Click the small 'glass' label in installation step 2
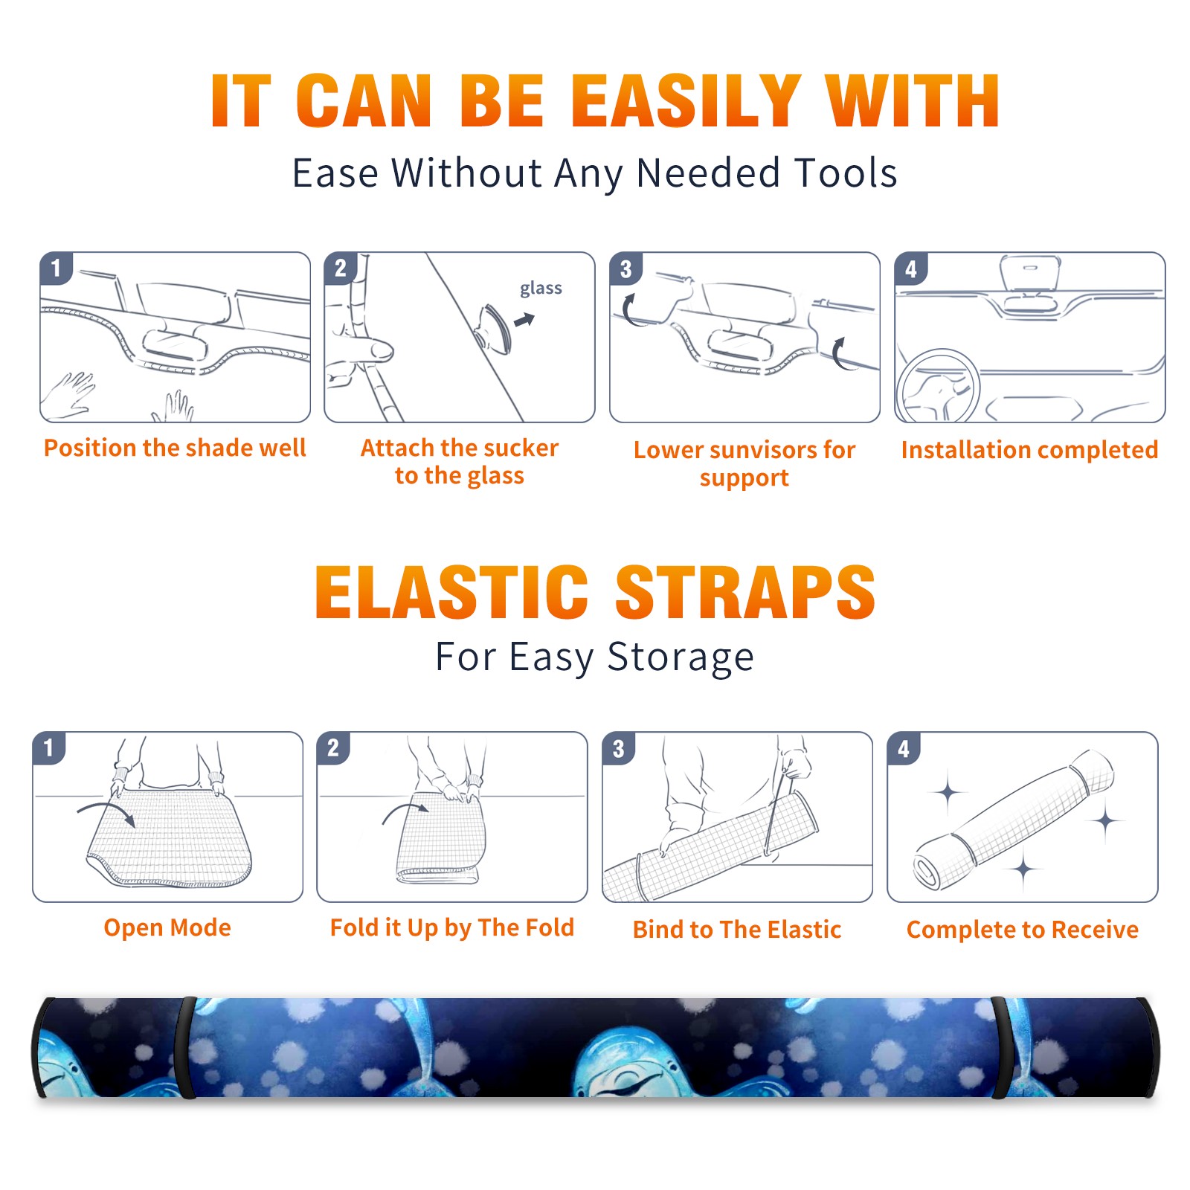[541, 289]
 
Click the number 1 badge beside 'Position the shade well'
[56, 268]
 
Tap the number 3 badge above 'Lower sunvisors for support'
[625, 268]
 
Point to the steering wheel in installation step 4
[937, 386]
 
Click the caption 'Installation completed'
[1029, 449]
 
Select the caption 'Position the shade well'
[175, 448]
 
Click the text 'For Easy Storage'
[594, 657]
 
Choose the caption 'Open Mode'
[167, 927]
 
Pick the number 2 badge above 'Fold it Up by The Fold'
[332, 747]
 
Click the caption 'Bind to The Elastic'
[736, 930]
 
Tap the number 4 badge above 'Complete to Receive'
[903, 748]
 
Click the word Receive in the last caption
[1095, 930]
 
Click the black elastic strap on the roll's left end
[185, 1048]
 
